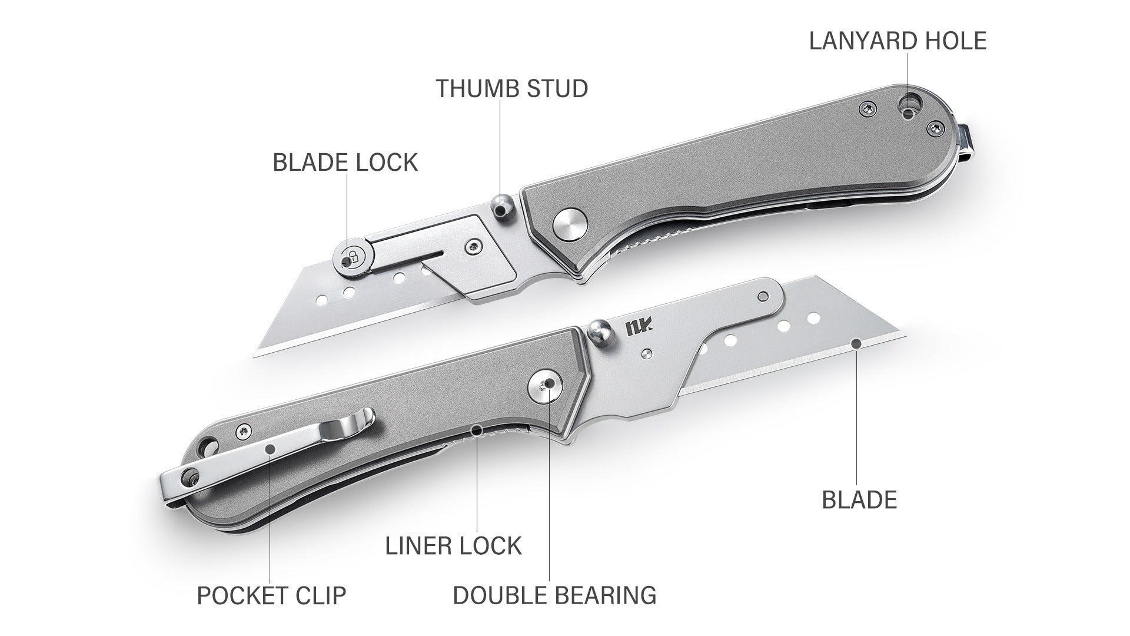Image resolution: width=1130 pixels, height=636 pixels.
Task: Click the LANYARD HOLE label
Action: point(898,41)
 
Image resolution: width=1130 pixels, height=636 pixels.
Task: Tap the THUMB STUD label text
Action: point(512,88)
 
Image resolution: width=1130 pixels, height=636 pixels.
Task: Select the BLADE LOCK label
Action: point(345,162)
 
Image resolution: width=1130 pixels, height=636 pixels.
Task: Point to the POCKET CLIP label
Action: point(271,595)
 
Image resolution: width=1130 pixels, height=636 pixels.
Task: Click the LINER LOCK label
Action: point(453,546)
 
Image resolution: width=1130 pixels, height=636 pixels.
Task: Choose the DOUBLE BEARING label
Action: point(554,595)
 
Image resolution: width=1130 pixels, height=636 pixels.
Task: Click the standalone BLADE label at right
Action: point(859,500)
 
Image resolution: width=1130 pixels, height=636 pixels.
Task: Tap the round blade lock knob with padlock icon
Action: point(352,257)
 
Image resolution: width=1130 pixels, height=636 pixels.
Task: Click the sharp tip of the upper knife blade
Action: point(254,355)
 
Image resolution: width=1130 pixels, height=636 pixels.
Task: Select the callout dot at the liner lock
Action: point(477,430)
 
